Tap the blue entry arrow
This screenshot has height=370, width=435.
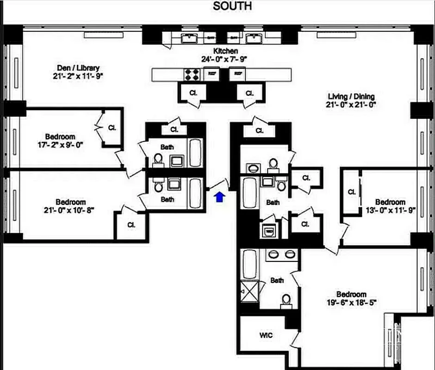pyautogui.click(x=220, y=197)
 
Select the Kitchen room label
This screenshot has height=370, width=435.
pyautogui.click(x=225, y=51)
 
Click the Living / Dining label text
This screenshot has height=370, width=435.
pyautogui.click(x=351, y=96)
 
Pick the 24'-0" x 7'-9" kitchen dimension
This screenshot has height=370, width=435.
pyautogui.click(x=225, y=59)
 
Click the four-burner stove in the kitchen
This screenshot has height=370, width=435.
pyautogui.click(x=192, y=74)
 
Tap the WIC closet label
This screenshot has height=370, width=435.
pyautogui.click(x=266, y=335)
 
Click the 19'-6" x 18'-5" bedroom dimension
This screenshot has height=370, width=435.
pyautogui.click(x=351, y=303)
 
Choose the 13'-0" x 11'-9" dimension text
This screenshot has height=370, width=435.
pyautogui.click(x=390, y=210)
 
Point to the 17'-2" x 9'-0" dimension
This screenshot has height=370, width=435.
pyautogui.click(x=60, y=145)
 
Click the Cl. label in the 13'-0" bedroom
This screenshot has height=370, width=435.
pyautogui.click(x=351, y=192)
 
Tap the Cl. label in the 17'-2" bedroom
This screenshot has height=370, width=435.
pyautogui.click(x=112, y=128)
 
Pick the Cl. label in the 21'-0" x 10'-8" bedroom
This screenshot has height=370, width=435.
pyautogui.click(x=131, y=225)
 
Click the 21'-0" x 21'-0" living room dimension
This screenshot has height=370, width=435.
pyautogui.click(x=351, y=105)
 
